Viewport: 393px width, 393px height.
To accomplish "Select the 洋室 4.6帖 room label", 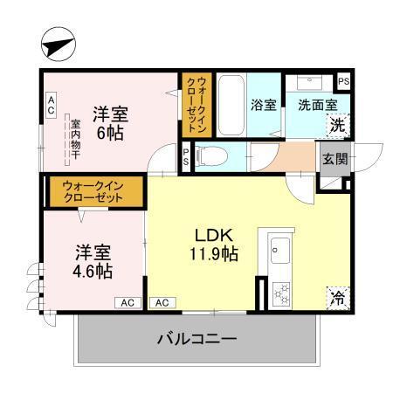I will pyautogui.click(x=93, y=261).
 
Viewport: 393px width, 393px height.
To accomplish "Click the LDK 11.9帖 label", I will pyautogui.click(x=214, y=245).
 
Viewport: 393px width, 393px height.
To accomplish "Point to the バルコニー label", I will pyautogui.click(x=196, y=337).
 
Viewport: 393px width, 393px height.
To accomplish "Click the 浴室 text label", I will pyautogui.click(x=264, y=106).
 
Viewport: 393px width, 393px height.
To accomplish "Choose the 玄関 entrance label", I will pyautogui.click(x=334, y=159).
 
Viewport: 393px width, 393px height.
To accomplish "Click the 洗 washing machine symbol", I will pyautogui.click(x=336, y=125).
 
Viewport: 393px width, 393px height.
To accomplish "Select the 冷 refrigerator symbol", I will pyautogui.click(x=335, y=297).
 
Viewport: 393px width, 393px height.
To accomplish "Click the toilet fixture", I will pyautogui.click(x=213, y=157).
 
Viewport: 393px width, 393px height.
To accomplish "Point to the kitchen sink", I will pyautogui.click(x=279, y=250).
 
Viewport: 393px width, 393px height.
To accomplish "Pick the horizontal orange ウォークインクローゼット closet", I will pyautogui.click(x=93, y=190).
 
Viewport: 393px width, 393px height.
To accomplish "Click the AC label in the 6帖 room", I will pyautogui.click(x=51, y=107).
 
